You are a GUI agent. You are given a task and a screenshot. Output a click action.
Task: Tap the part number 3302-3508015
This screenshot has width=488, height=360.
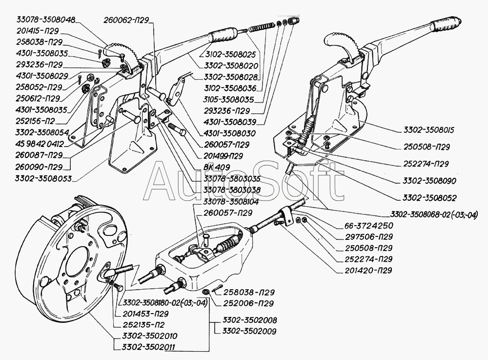(428, 130)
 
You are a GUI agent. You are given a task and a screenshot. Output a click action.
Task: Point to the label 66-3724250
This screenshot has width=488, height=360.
(369, 225)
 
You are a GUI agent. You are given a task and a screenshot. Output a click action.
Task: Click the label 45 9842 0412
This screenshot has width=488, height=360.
(39, 144)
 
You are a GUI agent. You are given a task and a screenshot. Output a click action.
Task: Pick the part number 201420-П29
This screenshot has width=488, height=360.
(368, 270)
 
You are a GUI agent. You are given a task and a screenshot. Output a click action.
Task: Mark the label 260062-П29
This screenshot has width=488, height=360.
(126, 20)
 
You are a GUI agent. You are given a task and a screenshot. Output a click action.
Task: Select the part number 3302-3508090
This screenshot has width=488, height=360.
(429, 181)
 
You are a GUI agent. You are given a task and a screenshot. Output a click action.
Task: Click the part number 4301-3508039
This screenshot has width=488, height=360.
(230, 122)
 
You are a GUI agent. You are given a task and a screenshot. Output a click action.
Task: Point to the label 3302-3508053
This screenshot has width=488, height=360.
(43, 178)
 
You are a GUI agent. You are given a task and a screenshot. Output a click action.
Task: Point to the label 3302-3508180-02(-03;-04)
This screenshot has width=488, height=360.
(165, 303)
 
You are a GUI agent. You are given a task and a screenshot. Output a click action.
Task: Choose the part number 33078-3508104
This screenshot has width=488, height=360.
(231, 202)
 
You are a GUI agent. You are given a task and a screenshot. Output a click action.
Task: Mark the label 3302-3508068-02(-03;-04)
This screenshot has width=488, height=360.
(434, 214)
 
